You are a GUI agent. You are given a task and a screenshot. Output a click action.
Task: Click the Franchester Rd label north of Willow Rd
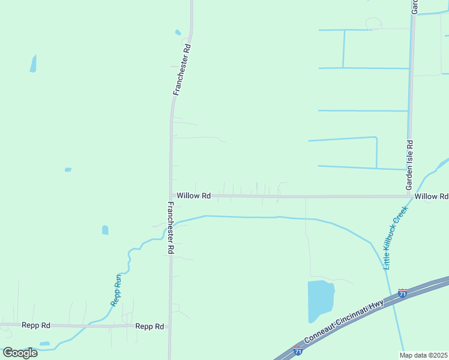(181, 70)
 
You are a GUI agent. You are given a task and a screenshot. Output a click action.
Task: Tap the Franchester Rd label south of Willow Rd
(170, 227)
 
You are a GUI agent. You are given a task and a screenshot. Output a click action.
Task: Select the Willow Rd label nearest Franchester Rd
(193, 196)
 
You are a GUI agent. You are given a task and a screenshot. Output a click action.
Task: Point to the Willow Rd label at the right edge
(431, 196)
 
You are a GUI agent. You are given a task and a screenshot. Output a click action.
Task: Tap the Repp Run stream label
(117, 290)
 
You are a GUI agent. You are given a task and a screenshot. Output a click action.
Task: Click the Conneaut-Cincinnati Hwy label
(344, 322)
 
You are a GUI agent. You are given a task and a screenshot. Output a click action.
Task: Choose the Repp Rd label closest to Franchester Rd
(149, 326)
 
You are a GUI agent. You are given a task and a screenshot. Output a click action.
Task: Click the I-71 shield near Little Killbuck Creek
(402, 293)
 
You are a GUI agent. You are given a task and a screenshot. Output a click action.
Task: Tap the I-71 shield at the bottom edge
(298, 351)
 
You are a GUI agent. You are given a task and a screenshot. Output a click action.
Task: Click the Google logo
(20, 353)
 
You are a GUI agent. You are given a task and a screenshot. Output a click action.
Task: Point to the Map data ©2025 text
(424, 355)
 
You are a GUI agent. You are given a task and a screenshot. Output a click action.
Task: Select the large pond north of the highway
(320, 300)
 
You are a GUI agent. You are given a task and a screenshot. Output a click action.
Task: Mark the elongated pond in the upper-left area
(33, 63)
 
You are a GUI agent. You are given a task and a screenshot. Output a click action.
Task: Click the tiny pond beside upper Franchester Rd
(178, 32)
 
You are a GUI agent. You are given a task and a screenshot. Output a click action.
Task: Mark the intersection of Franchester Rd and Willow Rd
(171, 196)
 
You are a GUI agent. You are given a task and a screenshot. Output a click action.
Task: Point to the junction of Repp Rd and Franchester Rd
(170, 327)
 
